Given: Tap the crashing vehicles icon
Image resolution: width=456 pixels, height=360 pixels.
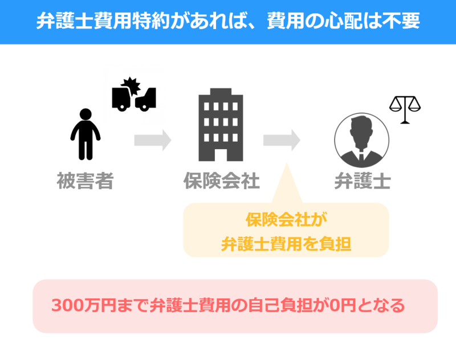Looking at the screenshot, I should click(134, 95).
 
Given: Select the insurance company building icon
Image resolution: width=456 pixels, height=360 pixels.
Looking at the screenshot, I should click(221, 124).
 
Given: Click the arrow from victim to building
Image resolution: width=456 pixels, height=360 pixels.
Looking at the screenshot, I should click(153, 140).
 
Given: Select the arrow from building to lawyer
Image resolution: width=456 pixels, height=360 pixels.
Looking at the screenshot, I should click(282, 140).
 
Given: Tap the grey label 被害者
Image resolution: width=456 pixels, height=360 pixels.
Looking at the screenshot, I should click(85, 181).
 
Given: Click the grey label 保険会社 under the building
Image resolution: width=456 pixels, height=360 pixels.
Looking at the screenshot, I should click(221, 181).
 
